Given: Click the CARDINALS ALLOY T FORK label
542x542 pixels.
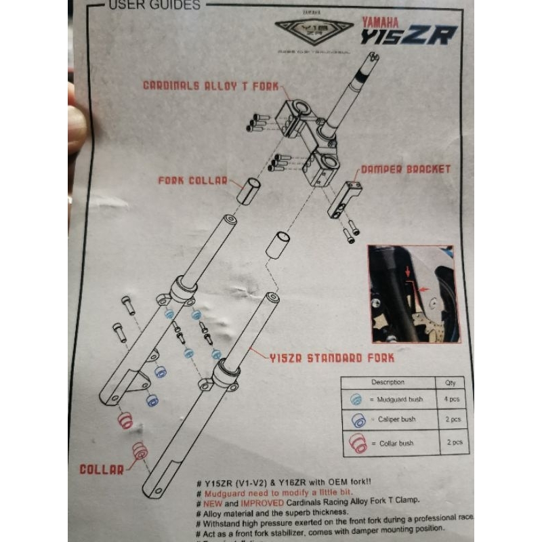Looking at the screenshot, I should pyautogui.click(x=210, y=85).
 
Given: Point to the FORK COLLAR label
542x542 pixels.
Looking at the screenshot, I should pyautogui.click(x=192, y=181).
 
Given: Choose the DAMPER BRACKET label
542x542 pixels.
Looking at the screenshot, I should pyautogui.click(x=405, y=169).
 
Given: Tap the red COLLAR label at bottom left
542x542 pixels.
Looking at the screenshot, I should pyautogui.click(x=102, y=468).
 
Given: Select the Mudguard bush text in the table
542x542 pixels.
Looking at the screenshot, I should pyautogui.click(x=396, y=400).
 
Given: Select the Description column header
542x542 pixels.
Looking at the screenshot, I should pyautogui.click(x=388, y=382).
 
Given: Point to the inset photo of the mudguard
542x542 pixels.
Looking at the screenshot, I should pyautogui.click(x=411, y=293).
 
